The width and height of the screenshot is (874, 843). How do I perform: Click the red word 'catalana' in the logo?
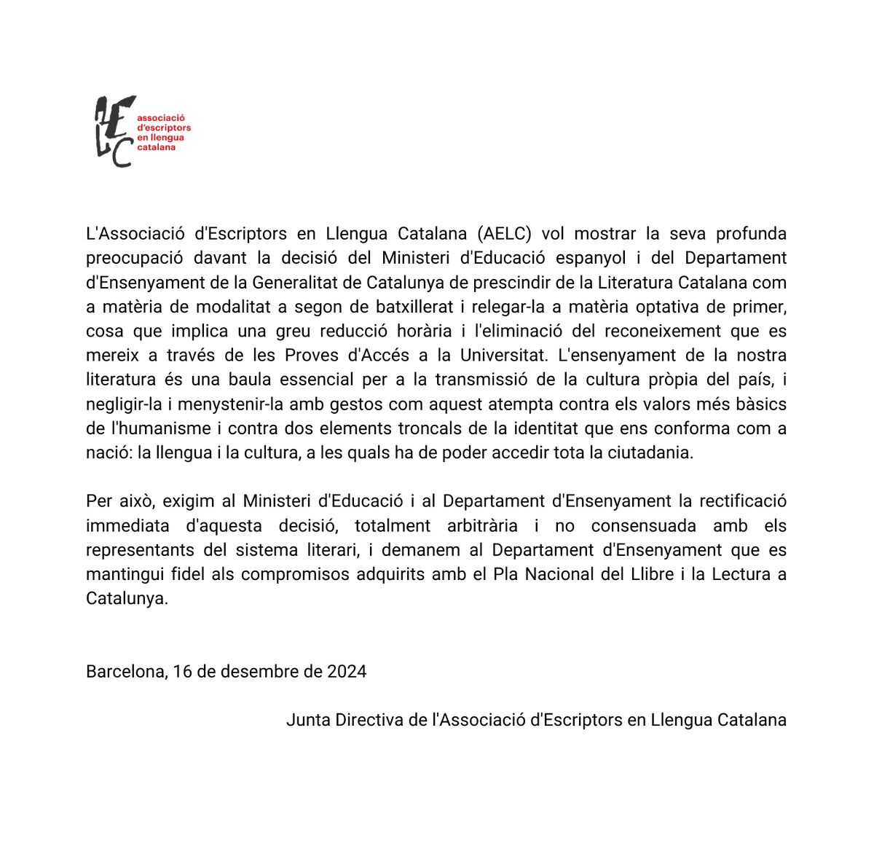pyautogui.click(x=156, y=147)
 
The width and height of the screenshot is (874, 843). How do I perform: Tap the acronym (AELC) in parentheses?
pyautogui.click(x=504, y=234)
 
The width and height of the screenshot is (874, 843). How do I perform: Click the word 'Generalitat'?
pyautogui.click(x=315, y=283)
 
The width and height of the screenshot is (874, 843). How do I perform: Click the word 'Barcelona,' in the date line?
pyautogui.click(x=127, y=671)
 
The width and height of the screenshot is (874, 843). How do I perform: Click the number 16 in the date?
pyautogui.click(x=182, y=671)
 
